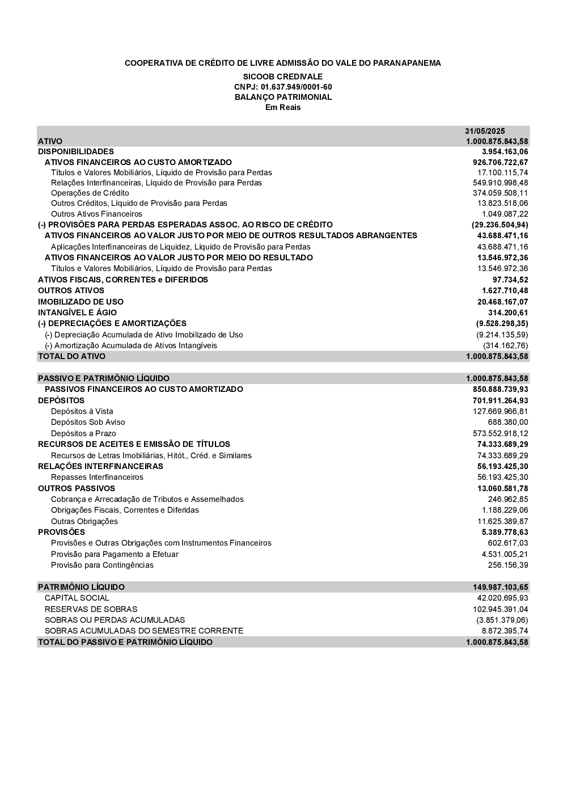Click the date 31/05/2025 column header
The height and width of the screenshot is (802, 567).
pos(485,131)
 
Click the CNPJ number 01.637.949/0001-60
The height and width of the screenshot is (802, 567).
pos(283,87)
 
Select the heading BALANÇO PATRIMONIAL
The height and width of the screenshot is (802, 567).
pos(283,97)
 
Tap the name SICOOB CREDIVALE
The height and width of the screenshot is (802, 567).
pos(283,77)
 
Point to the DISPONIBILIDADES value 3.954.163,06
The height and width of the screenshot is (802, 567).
pos(505,151)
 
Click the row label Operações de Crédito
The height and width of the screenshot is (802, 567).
pos(90,193)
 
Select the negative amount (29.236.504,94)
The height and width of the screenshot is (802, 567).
pos(500,225)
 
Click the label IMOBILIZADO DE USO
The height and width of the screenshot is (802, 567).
pos(81,302)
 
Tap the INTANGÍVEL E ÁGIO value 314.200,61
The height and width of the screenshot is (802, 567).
pos(508,313)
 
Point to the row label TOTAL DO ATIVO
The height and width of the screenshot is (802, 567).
pos(71,356)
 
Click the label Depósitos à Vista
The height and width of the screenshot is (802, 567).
pos(82,411)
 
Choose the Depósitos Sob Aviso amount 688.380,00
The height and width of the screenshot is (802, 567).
pos(508,422)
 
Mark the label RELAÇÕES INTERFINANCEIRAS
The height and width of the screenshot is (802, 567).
pos(100,466)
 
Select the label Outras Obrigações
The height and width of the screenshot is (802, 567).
pos(84,521)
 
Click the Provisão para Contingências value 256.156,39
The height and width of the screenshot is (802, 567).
pos(508,565)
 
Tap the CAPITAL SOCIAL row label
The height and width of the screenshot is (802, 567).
pos(77,598)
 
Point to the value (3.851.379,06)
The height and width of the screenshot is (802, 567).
pos(502,620)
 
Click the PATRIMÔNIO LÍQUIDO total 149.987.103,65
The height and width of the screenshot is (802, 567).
pos(500,587)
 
